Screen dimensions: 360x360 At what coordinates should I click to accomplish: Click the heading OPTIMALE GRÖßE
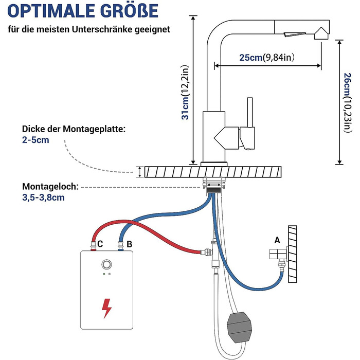[83, 11]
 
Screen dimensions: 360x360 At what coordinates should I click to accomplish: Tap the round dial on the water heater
[106, 265]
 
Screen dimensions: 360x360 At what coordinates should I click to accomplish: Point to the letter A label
[277, 239]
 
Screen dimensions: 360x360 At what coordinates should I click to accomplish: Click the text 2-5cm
[35, 140]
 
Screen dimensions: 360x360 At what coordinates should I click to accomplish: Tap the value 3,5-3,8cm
[44, 197]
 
